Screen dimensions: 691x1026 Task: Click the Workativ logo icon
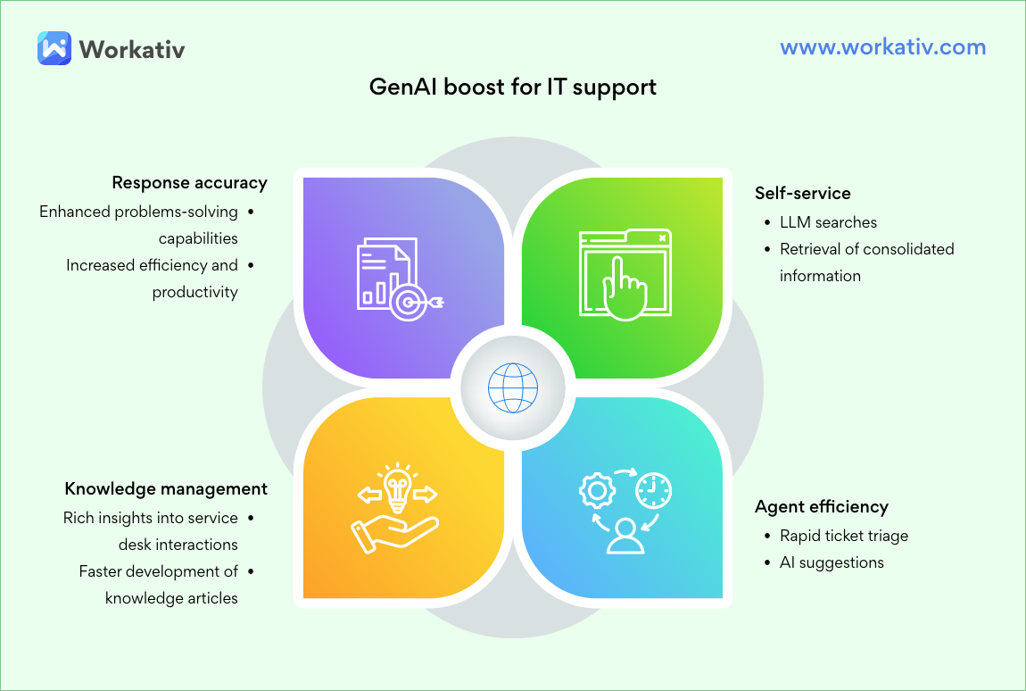(x=54, y=47)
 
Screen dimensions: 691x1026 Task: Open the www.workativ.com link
(x=882, y=47)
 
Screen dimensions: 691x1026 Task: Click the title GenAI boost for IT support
(x=513, y=87)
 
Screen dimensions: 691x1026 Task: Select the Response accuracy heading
(x=189, y=183)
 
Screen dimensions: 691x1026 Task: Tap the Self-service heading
(x=802, y=193)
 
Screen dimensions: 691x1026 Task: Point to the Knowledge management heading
(x=166, y=488)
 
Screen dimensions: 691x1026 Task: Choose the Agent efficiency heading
(x=821, y=506)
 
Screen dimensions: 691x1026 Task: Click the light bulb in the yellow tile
(x=397, y=486)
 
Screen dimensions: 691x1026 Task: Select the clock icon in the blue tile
(x=653, y=489)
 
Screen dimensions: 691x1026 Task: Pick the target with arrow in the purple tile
(x=412, y=302)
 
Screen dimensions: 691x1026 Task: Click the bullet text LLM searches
(x=828, y=222)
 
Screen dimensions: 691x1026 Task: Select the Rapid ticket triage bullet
(x=843, y=536)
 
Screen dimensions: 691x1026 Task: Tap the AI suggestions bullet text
(x=832, y=562)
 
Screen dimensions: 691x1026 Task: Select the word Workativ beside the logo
(x=132, y=48)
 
